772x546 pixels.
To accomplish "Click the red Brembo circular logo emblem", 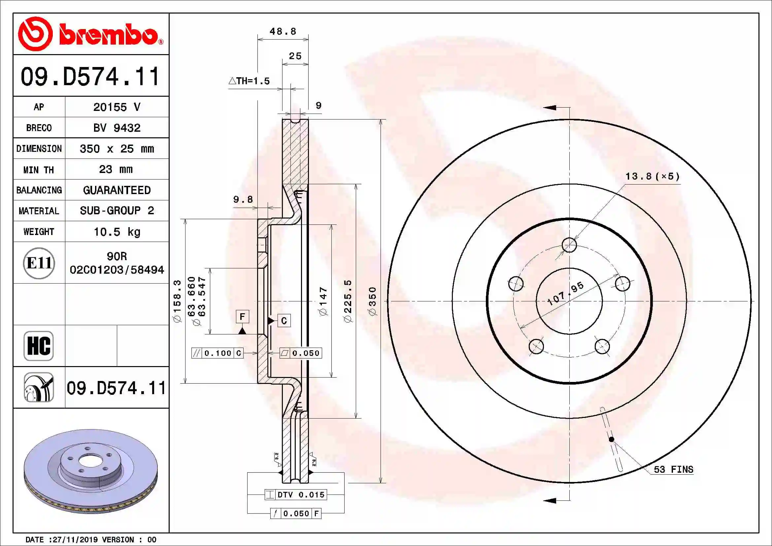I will pyautogui.click(x=35, y=34).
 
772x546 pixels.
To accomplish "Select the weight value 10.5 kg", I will pyautogui.click(x=117, y=232).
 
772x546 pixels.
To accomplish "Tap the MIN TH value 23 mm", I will pyautogui.click(x=116, y=169).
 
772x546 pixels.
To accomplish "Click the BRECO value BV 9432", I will pyautogui.click(x=117, y=128).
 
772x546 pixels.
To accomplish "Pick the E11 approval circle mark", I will pyautogui.click(x=39, y=263).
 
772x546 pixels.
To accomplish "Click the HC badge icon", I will pyautogui.click(x=39, y=346).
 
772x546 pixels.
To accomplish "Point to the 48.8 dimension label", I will pyautogui.click(x=283, y=32).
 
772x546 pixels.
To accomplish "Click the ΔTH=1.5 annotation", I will pyautogui.click(x=249, y=81).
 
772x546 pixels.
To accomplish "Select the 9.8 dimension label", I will pyautogui.click(x=243, y=199).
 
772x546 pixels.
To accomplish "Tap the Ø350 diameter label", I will pyautogui.click(x=373, y=301).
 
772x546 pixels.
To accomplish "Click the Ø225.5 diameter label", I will pyautogui.click(x=348, y=301).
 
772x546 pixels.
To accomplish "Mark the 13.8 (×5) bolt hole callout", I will pyautogui.click(x=652, y=177).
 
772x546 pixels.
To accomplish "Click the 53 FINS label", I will pyautogui.click(x=673, y=469).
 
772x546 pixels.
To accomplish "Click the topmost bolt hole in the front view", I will pyautogui.click(x=569, y=245).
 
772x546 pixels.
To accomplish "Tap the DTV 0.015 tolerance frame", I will pyautogui.click(x=296, y=495).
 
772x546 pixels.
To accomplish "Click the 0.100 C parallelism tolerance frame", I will pyautogui.click(x=217, y=353).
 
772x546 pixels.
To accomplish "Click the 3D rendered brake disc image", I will pyautogui.click(x=91, y=471).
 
